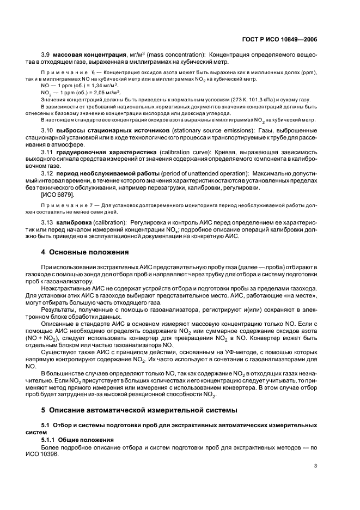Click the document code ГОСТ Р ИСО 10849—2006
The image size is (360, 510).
pos(280,39)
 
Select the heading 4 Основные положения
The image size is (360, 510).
pos(85,252)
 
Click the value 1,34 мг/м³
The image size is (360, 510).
pos(106,86)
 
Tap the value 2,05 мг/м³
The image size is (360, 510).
pos(108,93)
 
